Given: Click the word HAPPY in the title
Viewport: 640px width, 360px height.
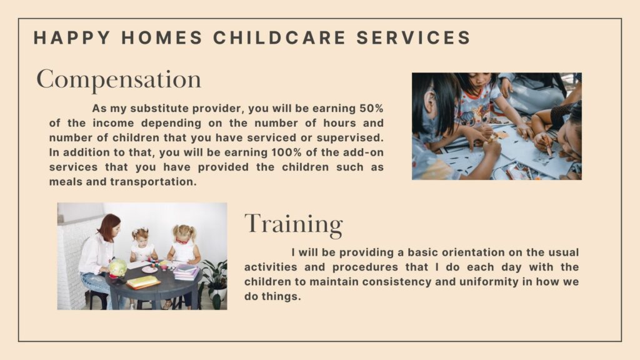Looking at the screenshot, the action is [72, 37].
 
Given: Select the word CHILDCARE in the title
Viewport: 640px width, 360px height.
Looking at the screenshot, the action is [279, 37].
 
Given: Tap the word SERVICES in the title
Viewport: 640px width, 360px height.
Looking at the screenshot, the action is [414, 37].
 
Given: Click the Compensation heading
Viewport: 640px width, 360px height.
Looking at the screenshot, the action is [119, 79].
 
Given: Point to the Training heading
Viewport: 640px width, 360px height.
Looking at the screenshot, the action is [294, 224].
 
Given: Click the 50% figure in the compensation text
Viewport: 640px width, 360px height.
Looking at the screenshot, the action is [371, 109].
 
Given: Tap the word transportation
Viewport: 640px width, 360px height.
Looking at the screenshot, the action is [154, 182].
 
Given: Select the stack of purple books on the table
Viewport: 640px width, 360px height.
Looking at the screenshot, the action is [186, 272].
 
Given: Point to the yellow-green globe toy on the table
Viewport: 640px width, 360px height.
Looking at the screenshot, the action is [117, 267].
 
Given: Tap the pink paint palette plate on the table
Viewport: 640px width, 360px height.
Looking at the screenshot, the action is [149, 269].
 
